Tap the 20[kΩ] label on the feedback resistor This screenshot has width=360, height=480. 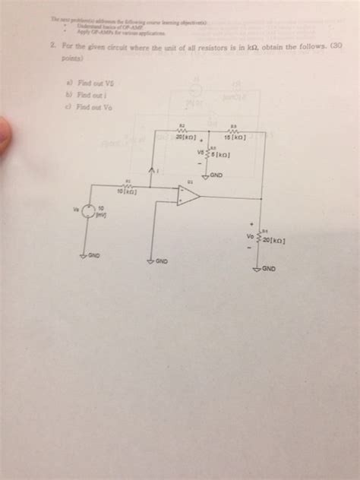(x=186, y=137)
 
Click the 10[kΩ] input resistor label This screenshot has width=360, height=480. (x=127, y=191)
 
